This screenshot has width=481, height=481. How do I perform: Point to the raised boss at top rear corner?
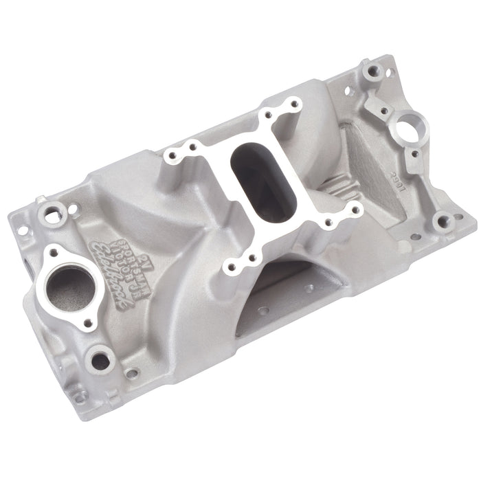(x=372, y=69)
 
